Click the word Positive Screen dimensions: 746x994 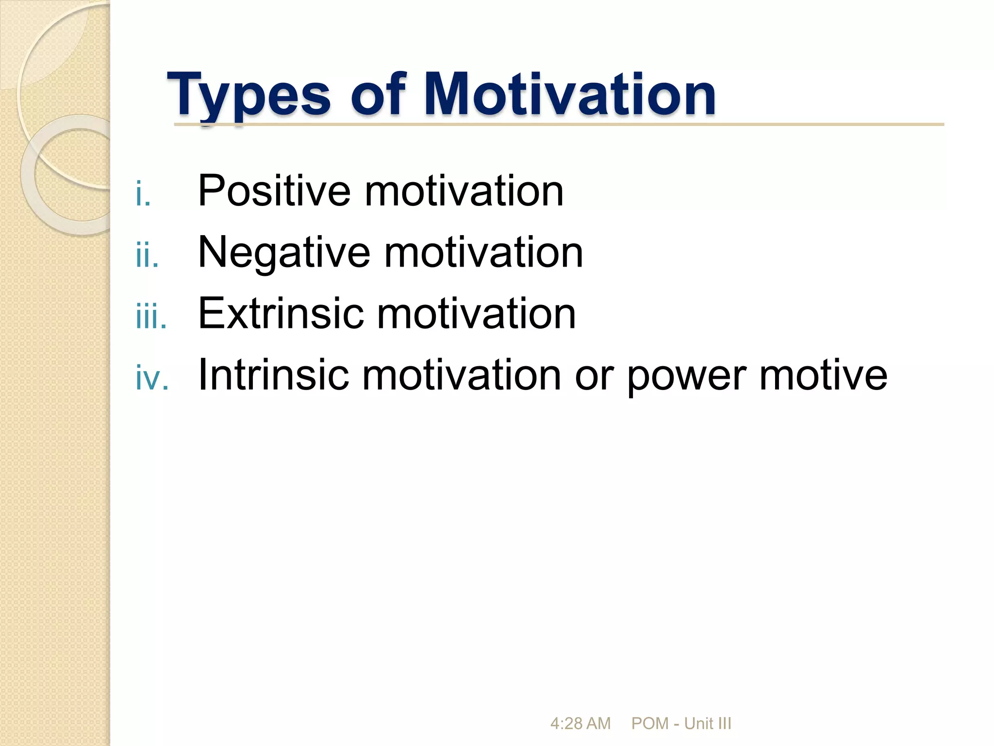(x=274, y=191)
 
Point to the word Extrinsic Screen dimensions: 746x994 (x=281, y=314)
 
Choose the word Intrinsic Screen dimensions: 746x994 (x=274, y=374)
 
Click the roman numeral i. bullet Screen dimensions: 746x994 (x=143, y=194)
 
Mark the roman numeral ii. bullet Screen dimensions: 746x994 (x=147, y=255)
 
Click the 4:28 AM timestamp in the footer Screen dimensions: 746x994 (x=580, y=723)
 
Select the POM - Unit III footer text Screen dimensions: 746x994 (x=681, y=723)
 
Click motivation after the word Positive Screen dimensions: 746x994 (x=464, y=191)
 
